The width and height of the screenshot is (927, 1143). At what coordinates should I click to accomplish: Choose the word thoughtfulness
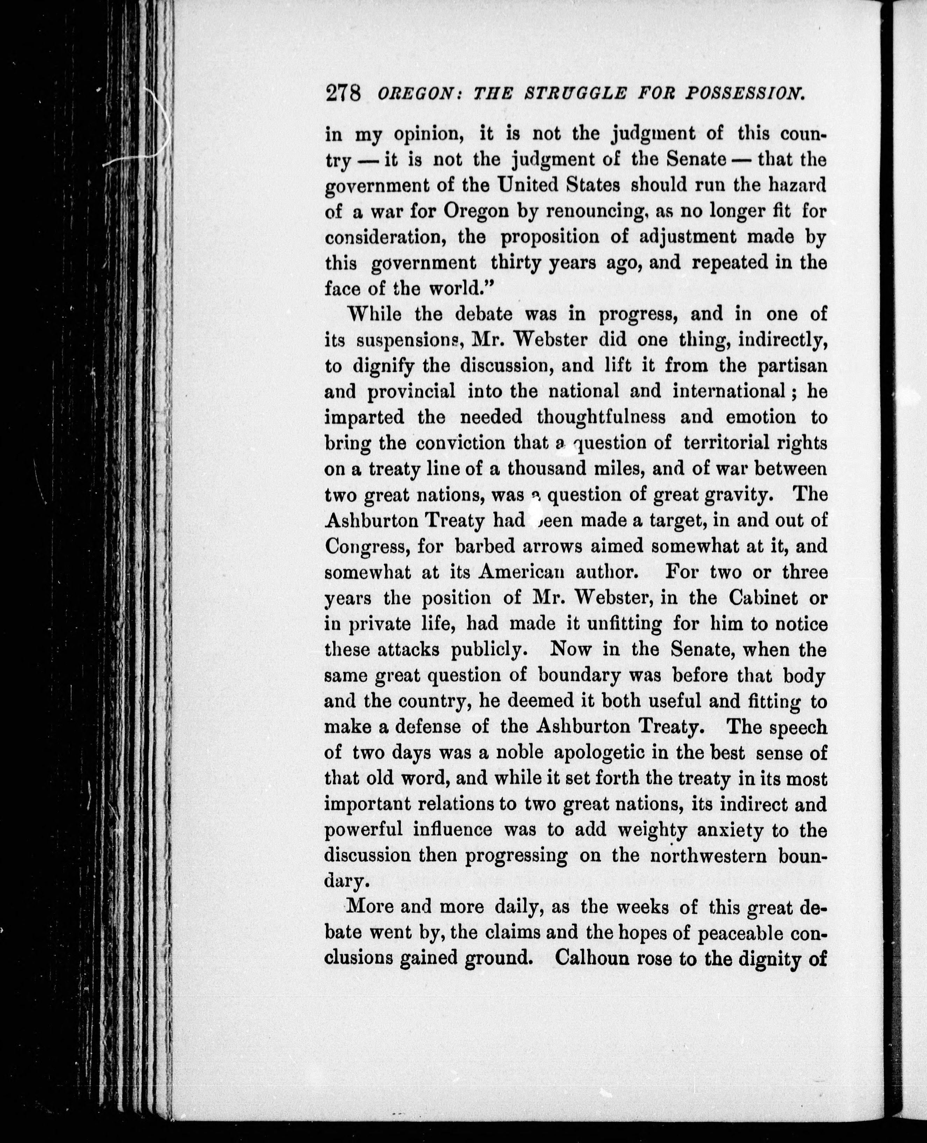pos(601,417)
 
